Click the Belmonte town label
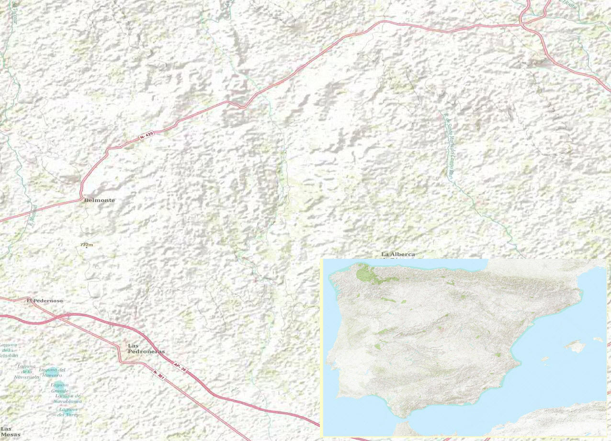pyautogui.click(x=100, y=200)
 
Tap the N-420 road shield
pyautogui.click(x=147, y=137)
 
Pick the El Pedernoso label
pyautogui.click(x=45, y=300)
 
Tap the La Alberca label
pyautogui.click(x=398, y=254)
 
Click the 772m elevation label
pyautogui.click(x=86, y=245)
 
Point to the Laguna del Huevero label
pyautogui.click(x=52, y=372)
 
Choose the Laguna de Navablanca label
pyautogui.click(x=68, y=398)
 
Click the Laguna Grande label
pyautogui.click(x=60, y=388)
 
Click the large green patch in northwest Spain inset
pyautogui.click(x=368, y=274)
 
